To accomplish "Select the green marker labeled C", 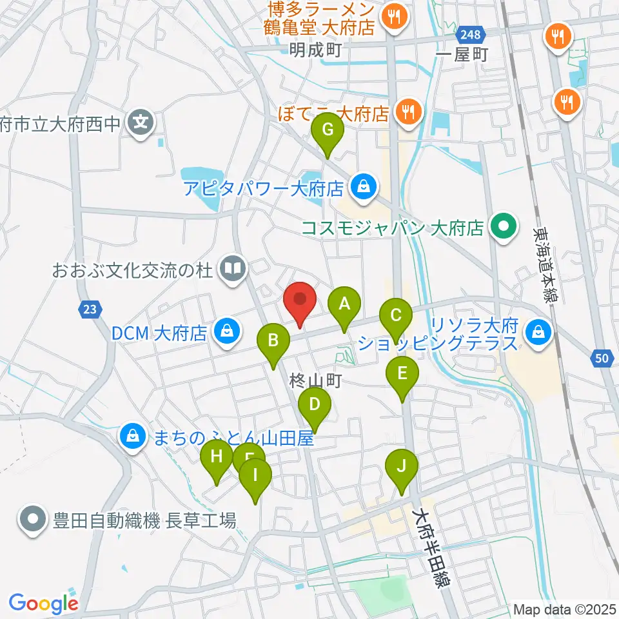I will [396, 317].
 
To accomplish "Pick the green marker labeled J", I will [401, 466].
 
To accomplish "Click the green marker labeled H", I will [217, 458].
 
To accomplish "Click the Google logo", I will [43, 604].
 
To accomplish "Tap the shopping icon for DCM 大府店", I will [227, 333].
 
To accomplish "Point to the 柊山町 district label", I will [315, 382].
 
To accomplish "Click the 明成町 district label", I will [315, 49].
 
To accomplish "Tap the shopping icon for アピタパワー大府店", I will [362, 188].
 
